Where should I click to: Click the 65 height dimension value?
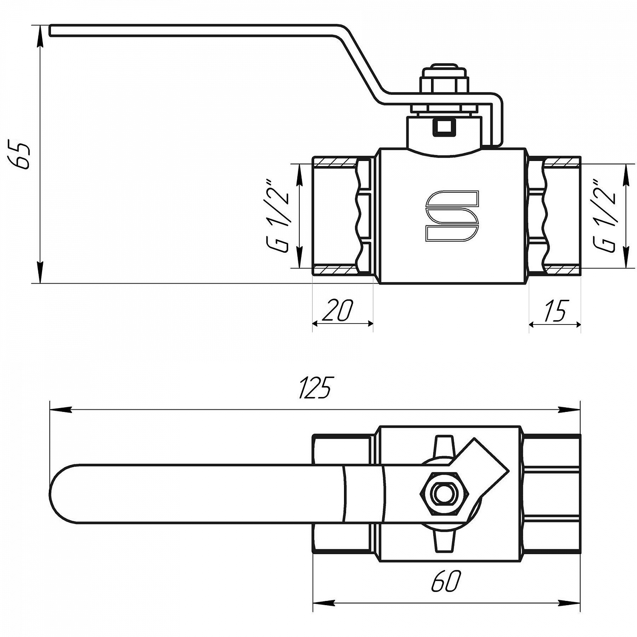tap(20, 156)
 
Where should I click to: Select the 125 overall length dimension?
tap(315, 387)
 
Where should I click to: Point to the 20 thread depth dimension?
tap(338, 310)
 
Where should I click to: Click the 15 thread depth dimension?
tap(555, 311)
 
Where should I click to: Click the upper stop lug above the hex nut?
tap(443, 445)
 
